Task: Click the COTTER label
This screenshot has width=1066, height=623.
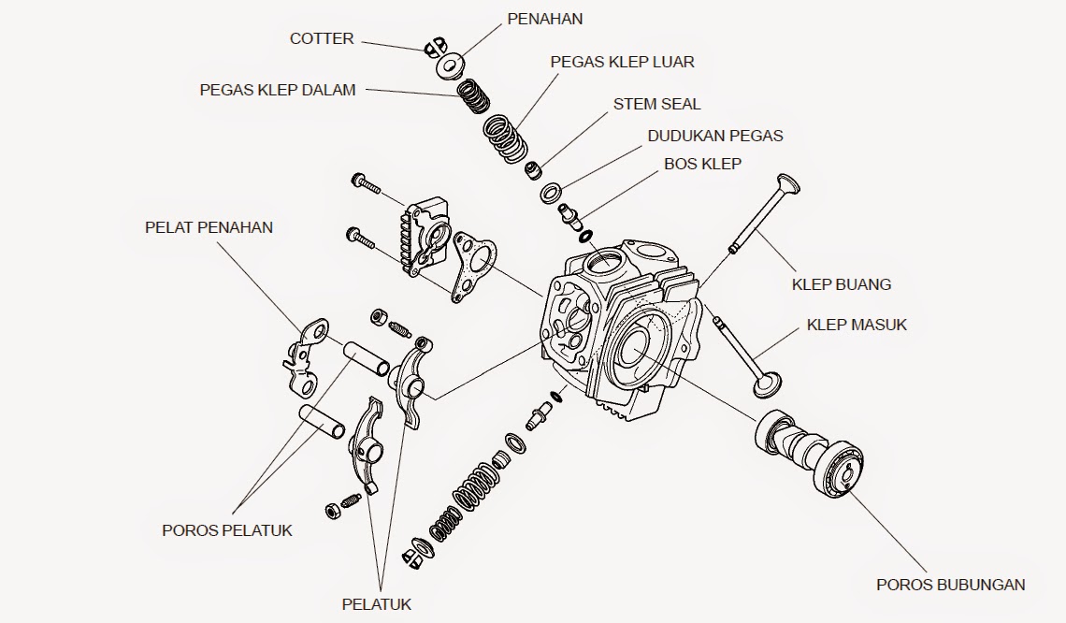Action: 322,38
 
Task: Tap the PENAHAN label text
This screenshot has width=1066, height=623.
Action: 544,19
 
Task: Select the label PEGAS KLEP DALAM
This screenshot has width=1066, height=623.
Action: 278,90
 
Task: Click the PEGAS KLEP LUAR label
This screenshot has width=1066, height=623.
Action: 622,62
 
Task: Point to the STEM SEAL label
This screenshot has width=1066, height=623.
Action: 656,104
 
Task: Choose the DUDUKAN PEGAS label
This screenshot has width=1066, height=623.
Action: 715,136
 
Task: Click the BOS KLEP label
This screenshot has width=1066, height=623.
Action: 702,164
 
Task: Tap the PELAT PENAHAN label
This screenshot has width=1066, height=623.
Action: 209,227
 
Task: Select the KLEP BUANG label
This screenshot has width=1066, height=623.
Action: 842,283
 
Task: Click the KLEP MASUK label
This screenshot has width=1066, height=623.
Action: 857,325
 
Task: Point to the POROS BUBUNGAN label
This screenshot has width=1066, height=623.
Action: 950,585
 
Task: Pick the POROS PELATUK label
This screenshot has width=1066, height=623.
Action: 227,530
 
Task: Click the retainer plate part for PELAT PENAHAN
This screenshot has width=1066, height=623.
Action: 304,355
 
